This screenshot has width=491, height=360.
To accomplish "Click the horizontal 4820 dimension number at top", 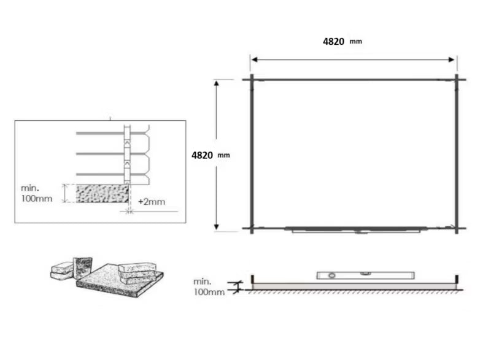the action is tap(333, 41).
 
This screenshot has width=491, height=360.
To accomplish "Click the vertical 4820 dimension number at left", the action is tap(202, 155).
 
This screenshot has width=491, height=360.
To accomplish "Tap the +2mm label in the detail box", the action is tap(152, 202).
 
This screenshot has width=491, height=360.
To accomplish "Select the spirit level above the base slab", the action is tap(365, 275).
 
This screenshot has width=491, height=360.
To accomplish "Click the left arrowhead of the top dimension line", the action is tap(254, 59).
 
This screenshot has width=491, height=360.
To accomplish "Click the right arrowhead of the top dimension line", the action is tap(452, 59).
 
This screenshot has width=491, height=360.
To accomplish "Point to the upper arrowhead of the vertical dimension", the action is tap(217, 83).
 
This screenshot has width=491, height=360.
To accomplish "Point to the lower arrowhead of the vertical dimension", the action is tap(217, 227).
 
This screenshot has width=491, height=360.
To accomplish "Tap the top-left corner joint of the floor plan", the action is tap(252, 80).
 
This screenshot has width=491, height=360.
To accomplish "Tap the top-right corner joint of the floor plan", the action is tap(457, 80).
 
